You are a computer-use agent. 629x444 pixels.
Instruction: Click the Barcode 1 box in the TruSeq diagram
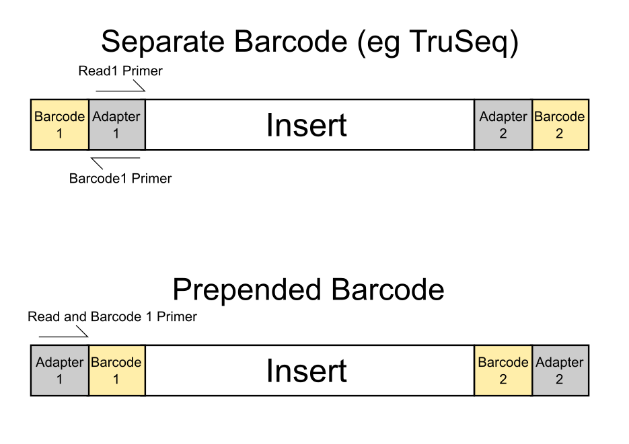click(x=60, y=125)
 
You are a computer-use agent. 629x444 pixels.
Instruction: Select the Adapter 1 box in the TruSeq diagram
click(x=117, y=125)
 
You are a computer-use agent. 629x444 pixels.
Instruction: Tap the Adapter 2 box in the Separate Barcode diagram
click(x=503, y=125)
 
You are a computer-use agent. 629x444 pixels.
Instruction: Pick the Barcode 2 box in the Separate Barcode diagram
click(x=561, y=125)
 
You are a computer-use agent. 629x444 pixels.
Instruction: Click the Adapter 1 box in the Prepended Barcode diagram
click(x=60, y=370)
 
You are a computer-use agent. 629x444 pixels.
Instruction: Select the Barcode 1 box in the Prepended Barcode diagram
click(x=117, y=370)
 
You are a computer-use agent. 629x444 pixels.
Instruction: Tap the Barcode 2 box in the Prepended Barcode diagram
click(x=503, y=370)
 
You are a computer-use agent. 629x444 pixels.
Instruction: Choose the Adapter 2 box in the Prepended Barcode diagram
click(x=561, y=370)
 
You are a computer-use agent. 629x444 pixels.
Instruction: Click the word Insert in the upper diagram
click(x=307, y=126)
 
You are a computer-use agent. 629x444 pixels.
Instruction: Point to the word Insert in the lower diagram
click(x=307, y=371)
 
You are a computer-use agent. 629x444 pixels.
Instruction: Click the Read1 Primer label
click(x=120, y=71)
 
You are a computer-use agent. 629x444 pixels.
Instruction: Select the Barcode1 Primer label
click(x=120, y=178)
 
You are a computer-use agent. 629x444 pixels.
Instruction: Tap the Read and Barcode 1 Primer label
click(x=112, y=316)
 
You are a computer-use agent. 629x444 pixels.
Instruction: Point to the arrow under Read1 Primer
click(x=120, y=91)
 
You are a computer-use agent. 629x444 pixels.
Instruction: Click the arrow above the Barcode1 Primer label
click(x=116, y=158)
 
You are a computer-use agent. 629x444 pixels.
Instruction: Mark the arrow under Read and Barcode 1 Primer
click(x=63, y=337)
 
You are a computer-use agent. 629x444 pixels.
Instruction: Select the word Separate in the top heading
click(x=163, y=42)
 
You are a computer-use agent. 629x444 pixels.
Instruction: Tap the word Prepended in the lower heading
click(x=247, y=291)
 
